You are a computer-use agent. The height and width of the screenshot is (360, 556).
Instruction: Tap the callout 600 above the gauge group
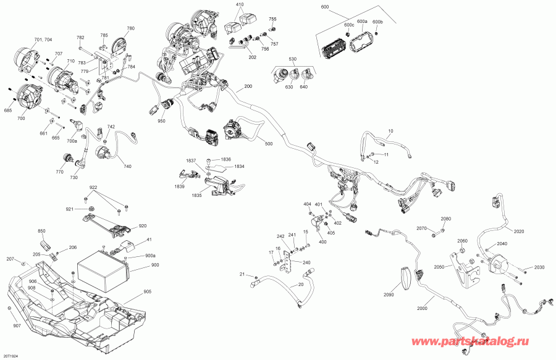[x=325, y=7]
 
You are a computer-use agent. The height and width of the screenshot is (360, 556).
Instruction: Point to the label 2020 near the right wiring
[x=518, y=232]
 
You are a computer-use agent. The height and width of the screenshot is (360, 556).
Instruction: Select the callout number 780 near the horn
[x=130, y=28]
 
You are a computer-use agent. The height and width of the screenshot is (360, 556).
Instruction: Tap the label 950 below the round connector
[x=161, y=122]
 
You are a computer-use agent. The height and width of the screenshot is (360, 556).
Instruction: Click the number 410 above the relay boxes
[x=240, y=4]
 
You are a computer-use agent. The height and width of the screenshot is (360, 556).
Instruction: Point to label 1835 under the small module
[x=196, y=196]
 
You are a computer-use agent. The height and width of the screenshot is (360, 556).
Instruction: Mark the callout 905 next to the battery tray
[x=147, y=292]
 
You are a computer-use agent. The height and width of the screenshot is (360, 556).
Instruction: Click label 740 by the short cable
[x=127, y=166]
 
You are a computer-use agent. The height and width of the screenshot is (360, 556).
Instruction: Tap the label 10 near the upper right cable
[x=390, y=132]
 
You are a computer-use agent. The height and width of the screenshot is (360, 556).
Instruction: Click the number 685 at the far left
[x=8, y=111]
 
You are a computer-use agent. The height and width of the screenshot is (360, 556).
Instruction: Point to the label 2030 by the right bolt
[x=539, y=267]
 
